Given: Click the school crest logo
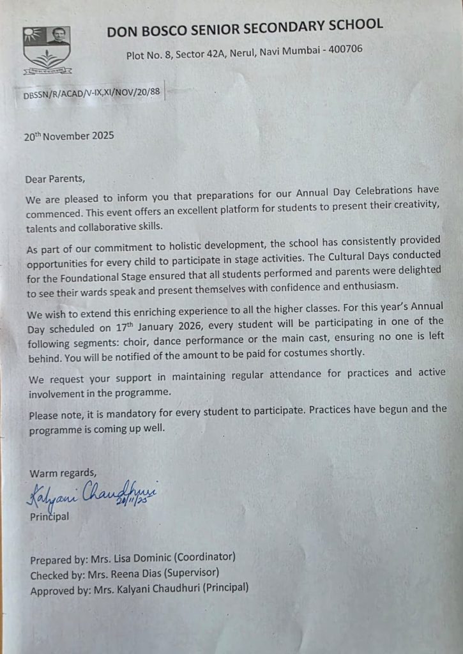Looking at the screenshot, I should (x=47, y=50).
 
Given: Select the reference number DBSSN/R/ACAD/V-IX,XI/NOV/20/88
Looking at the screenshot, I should (x=91, y=93).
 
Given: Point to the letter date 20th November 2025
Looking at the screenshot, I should (x=69, y=135).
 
